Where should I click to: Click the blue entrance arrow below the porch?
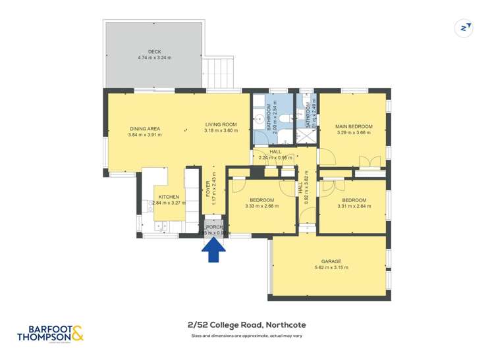coord(214,251)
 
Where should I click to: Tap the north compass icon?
coord(466,28)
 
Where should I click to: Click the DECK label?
coord(154,51)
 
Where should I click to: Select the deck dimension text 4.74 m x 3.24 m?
coord(154,58)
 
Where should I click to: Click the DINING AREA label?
coord(144,128)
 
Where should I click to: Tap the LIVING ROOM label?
coord(220,124)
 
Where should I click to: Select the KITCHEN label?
coord(168,197)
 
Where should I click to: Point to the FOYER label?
coord(208,190)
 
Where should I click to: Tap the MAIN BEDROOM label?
coord(354,126)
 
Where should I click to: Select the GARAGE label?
coord(331,261)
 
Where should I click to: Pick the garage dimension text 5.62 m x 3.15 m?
coord(331,268)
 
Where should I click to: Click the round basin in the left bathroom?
coord(260,120)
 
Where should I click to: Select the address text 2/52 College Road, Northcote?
coord(247,324)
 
